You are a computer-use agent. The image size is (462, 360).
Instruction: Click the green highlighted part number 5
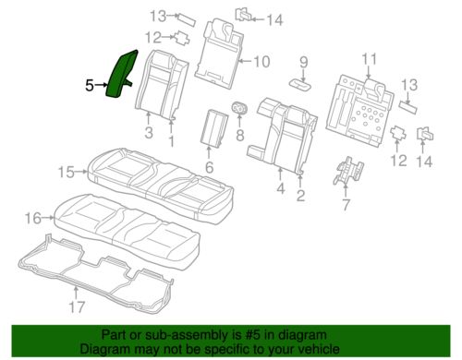coord(121,74)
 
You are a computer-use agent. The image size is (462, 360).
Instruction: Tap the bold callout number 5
coord(90,85)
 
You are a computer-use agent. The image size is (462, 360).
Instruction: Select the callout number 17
coord(77,306)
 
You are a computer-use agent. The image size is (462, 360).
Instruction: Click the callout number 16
coord(33,218)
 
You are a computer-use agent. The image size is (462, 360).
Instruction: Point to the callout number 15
coord(67,172)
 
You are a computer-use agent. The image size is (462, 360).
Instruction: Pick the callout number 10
coord(261,62)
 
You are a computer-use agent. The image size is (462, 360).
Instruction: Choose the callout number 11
coord(369,59)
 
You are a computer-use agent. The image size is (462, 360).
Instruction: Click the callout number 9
coord(304,62)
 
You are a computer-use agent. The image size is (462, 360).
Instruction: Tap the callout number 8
coord(240,135)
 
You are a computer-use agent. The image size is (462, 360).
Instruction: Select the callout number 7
coord(346,204)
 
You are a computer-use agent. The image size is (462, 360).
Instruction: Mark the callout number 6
coord(209,167)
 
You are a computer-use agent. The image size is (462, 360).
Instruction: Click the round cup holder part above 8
coord(239,108)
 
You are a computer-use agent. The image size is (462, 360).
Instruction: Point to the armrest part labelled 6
coord(214,126)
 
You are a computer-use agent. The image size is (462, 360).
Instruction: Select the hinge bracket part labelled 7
coord(348,170)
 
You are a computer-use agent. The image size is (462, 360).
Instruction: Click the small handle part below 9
coord(299,84)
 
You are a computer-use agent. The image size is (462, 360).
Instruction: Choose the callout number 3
coord(149,133)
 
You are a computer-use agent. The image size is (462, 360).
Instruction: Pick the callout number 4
coord(280,188)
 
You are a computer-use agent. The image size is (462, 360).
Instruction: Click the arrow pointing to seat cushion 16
coord(48,218)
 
